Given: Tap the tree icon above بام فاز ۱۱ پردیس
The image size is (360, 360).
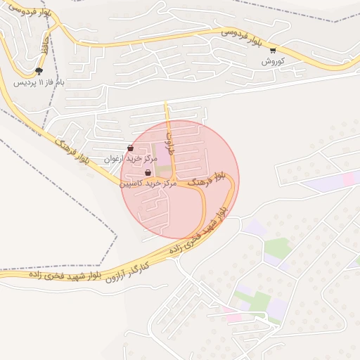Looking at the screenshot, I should [x=39, y=71].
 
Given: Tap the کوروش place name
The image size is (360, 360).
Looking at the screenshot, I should [x=272, y=61].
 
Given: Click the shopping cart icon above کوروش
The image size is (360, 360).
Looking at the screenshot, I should [x=273, y=50].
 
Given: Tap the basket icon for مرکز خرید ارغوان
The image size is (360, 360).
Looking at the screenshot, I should [x=131, y=148].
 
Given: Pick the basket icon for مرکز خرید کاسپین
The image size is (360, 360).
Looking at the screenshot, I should [x=148, y=172].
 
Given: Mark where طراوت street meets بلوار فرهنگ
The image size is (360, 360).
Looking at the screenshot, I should [x=175, y=181].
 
